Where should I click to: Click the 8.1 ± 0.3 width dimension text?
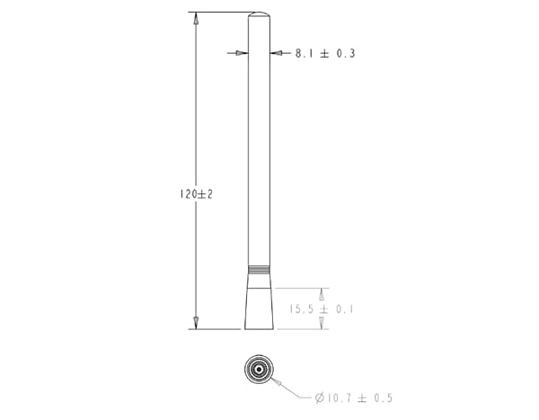point(325,54)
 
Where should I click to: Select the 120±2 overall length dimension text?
point(195,194)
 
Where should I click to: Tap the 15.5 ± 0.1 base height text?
point(321,309)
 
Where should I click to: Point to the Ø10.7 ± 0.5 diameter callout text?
point(354,398)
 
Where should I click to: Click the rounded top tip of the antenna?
point(259,15)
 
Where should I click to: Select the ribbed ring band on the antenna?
point(259,268)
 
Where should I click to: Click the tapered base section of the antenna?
point(259,301)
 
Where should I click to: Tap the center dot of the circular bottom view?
point(259,370)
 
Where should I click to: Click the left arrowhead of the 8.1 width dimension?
point(241,53)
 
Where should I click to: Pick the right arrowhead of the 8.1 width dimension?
point(277,53)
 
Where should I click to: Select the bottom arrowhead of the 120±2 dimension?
point(195,323)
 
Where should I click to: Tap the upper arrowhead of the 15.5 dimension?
point(323,294)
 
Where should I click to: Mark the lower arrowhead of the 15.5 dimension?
point(323,323)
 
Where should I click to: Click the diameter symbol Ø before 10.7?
point(319,398)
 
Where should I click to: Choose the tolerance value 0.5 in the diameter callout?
point(383,398)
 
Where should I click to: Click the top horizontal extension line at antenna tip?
point(220,13)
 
